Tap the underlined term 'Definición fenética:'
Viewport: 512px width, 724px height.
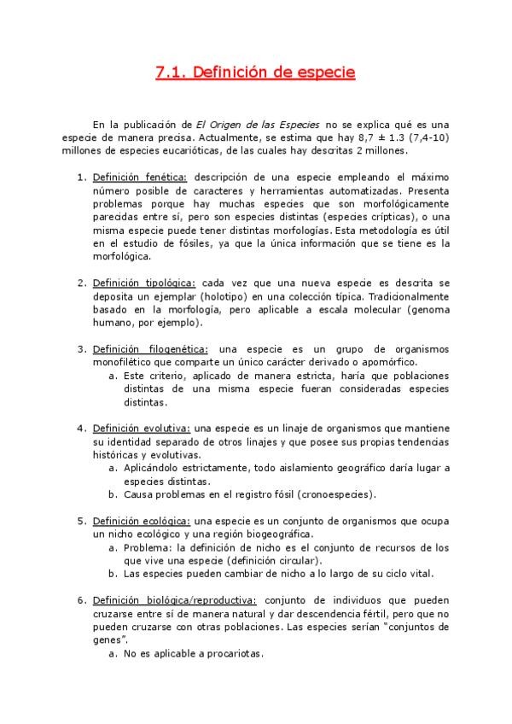tap(139, 177)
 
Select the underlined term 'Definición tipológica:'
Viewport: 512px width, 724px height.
tap(144, 283)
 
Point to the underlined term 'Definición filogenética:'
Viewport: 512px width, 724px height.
tap(150, 348)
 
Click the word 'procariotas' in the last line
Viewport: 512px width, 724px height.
tap(232, 654)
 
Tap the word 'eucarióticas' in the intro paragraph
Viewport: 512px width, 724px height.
tap(198, 151)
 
